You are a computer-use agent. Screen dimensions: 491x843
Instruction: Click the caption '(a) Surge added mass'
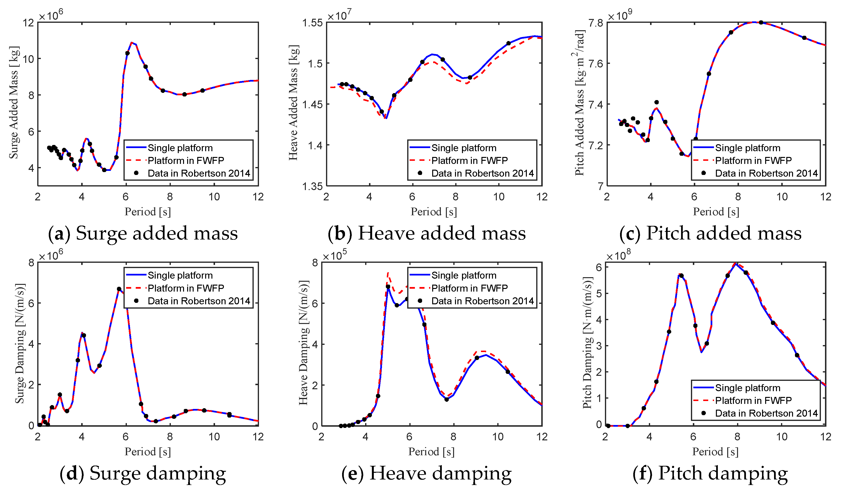coord(143,233)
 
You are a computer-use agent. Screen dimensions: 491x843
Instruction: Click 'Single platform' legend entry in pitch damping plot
coord(747,388)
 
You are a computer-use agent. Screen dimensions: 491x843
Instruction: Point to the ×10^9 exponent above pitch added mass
coord(620,15)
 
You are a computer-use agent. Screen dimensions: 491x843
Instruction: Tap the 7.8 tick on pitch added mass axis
coord(596,23)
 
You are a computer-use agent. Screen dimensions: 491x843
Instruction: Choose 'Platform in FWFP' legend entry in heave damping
coord(469,288)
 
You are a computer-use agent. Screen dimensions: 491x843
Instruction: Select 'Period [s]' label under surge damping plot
coord(148,452)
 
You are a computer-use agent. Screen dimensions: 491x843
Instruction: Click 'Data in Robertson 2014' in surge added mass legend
coord(199,173)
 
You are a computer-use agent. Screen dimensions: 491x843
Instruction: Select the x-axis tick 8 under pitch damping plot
coord(737,437)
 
